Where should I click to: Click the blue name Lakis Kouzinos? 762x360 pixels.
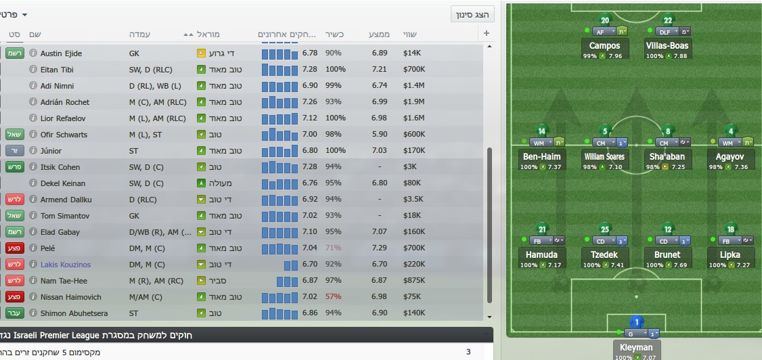click(65, 265)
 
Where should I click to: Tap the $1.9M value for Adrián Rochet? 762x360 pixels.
click(413, 102)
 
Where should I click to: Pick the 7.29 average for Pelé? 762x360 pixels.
click(380, 248)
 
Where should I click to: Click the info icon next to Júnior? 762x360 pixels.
click(32, 151)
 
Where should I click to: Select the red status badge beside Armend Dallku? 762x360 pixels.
click(14, 200)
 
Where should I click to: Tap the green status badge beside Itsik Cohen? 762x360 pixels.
click(14, 167)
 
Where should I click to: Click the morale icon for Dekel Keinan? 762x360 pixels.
click(201, 183)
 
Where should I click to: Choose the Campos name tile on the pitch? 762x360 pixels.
click(605, 46)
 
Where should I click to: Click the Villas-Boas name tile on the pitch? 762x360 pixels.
click(667, 46)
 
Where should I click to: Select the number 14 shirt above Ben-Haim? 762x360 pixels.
click(541, 131)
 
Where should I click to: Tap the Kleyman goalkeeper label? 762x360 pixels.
click(636, 348)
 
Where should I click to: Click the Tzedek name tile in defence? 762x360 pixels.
click(605, 255)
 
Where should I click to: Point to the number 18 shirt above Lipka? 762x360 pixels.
click(731, 229)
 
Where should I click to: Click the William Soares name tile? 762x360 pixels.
click(605, 157)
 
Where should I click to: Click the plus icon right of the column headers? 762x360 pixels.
click(487, 34)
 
